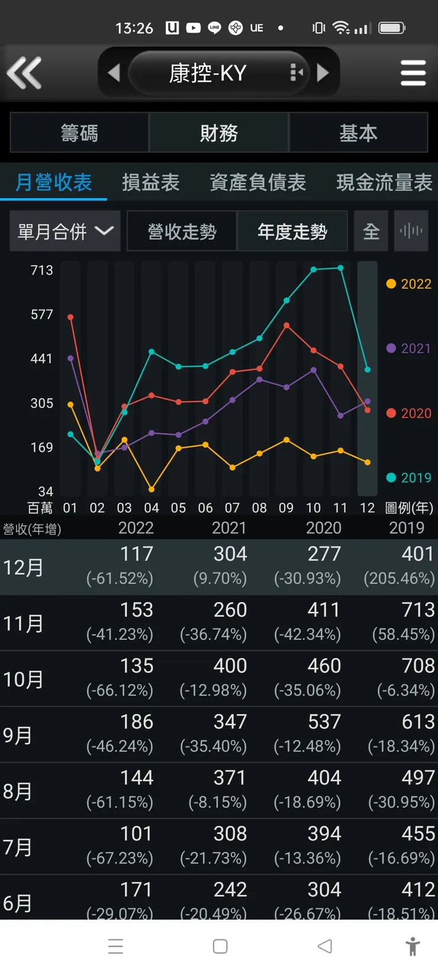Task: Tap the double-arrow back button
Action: point(24,72)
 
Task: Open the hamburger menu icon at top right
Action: point(413,73)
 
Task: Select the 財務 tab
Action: point(218,133)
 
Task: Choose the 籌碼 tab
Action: point(79,133)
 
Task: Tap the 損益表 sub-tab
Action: point(150,182)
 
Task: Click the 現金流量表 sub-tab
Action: point(384,182)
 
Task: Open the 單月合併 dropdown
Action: point(65,231)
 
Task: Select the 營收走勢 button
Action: point(182,231)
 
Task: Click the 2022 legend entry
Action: point(409,284)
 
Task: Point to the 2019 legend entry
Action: point(409,478)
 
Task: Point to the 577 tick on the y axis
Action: point(42,314)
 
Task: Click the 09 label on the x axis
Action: point(286,508)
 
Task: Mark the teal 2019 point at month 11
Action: point(340,268)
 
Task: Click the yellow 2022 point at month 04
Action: point(152,489)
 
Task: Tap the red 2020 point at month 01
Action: point(70,317)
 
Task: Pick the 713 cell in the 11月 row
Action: point(418,610)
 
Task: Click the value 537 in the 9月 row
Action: point(324,721)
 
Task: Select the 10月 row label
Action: point(23,679)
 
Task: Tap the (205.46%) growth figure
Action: point(399,578)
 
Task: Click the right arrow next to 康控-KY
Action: point(323,73)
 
